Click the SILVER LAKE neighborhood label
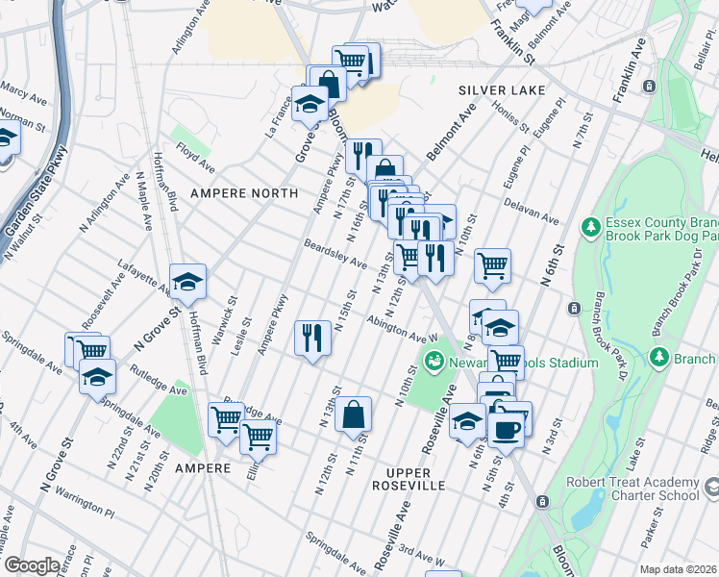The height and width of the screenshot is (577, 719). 501,89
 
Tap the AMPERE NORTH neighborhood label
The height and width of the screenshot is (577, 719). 244,193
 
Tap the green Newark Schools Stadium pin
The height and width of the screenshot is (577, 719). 433,363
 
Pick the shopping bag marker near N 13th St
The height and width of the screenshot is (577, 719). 354,414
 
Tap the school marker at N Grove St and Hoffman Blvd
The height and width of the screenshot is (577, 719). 187,281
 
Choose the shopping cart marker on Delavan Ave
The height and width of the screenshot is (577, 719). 492,264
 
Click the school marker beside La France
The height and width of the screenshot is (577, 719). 310,104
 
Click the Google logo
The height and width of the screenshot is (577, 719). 33,564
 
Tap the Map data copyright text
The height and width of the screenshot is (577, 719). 679,569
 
